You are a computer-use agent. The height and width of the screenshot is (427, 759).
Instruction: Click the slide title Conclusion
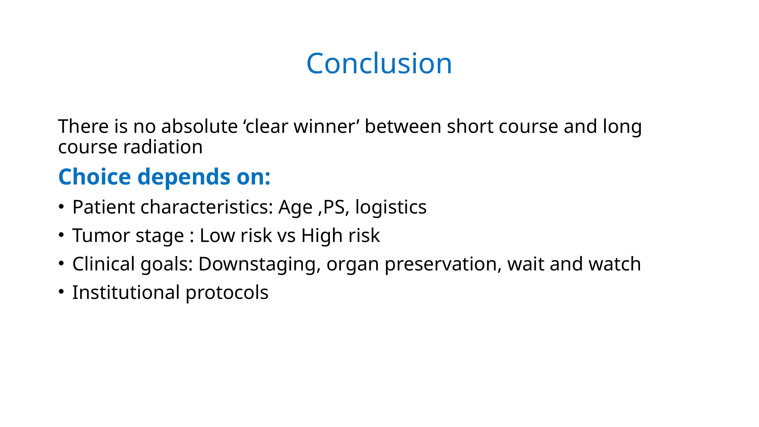[x=379, y=63]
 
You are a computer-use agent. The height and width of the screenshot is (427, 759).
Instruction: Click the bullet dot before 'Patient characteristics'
[x=61, y=207]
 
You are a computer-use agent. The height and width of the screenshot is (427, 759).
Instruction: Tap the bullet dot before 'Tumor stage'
[x=61, y=235]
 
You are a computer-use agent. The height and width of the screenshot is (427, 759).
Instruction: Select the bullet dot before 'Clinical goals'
[x=61, y=263]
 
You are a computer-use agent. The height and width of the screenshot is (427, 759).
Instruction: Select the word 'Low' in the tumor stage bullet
[x=217, y=236]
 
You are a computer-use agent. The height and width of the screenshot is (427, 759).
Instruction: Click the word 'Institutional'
[x=126, y=292]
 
